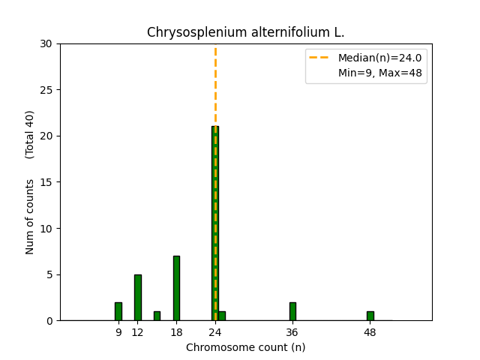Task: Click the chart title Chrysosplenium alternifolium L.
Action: point(245,32)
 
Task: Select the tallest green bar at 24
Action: point(214,225)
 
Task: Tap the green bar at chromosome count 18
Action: point(176,289)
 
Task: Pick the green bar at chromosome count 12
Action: point(137,298)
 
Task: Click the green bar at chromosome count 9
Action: point(118,311)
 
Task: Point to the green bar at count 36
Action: point(292,311)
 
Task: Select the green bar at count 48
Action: point(370,316)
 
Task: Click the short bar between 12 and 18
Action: point(157,316)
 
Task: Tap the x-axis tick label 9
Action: point(118,332)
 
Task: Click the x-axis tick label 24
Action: point(215,332)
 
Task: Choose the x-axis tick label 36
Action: point(292,332)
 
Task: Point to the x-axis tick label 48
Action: point(370,332)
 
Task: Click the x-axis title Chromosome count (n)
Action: point(245,347)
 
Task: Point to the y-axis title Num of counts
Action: point(31,217)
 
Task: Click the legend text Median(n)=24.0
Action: point(379,58)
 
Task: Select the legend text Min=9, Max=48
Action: point(379,72)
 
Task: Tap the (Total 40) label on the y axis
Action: point(31,134)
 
